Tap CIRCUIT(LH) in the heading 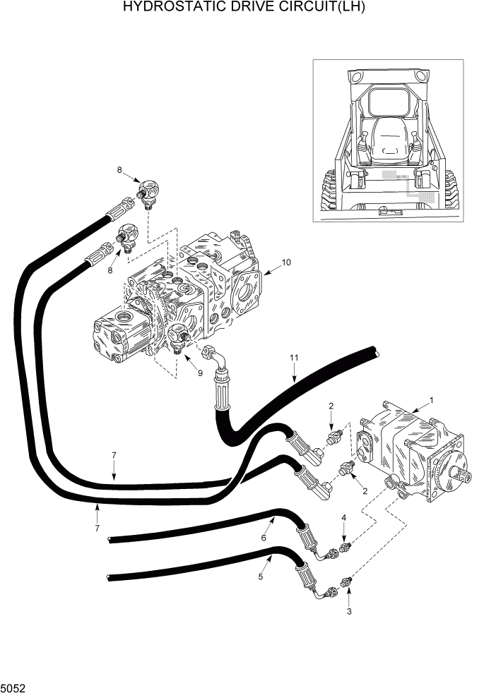tap(319, 8)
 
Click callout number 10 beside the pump tap(286, 263)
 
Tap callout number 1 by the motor tap(432, 399)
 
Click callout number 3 tap(348, 612)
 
